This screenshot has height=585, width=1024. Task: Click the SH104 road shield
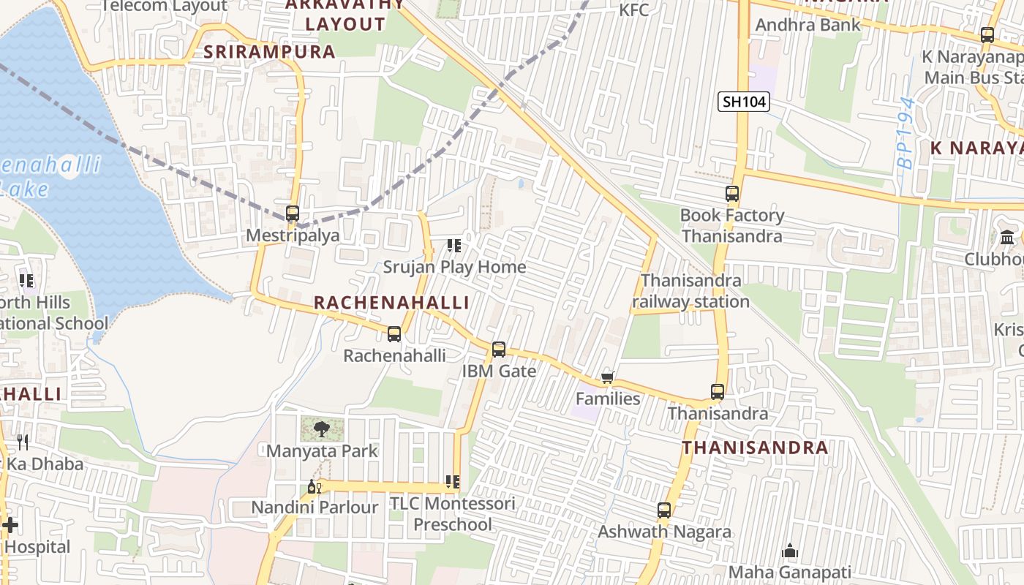point(745,102)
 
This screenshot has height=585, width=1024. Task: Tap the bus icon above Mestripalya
point(293,214)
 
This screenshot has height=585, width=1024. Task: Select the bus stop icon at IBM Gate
point(499,350)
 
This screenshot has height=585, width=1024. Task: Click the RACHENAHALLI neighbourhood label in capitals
point(391,303)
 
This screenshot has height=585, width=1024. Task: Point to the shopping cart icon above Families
point(607,377)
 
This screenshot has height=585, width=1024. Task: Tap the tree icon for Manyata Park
point(320,429)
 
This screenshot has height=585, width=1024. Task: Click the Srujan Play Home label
point(454,267)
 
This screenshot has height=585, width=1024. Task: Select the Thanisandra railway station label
point(690,291)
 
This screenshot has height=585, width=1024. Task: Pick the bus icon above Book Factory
point(732,194)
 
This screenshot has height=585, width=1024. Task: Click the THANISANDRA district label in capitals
point(755,448)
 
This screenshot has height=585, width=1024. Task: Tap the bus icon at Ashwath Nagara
point(664,510)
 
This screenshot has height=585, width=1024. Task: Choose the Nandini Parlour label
point(315,507)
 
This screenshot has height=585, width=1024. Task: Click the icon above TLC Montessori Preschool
point(453,482)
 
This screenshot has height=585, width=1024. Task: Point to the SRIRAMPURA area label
point(269,52)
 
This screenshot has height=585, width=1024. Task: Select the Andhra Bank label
point(807,25)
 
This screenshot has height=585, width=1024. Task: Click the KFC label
point(633,10)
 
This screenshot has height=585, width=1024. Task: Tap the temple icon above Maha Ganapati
point(790,551)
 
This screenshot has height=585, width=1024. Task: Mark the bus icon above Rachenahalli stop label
point(394,334)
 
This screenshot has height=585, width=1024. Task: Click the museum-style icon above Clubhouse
point(1007,238)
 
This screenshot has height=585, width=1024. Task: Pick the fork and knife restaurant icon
point(23,442)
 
